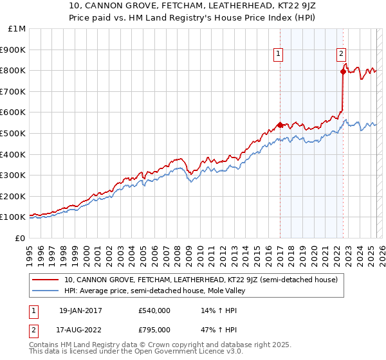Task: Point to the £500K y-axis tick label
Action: coord(14,133)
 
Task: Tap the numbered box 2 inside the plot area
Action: coord(341,55)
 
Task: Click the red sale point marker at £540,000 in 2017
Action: coord(280,125)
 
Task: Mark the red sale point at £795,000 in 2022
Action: coord(343,71)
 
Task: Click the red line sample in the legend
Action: coord(46,280)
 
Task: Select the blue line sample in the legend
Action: coord(46,291)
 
